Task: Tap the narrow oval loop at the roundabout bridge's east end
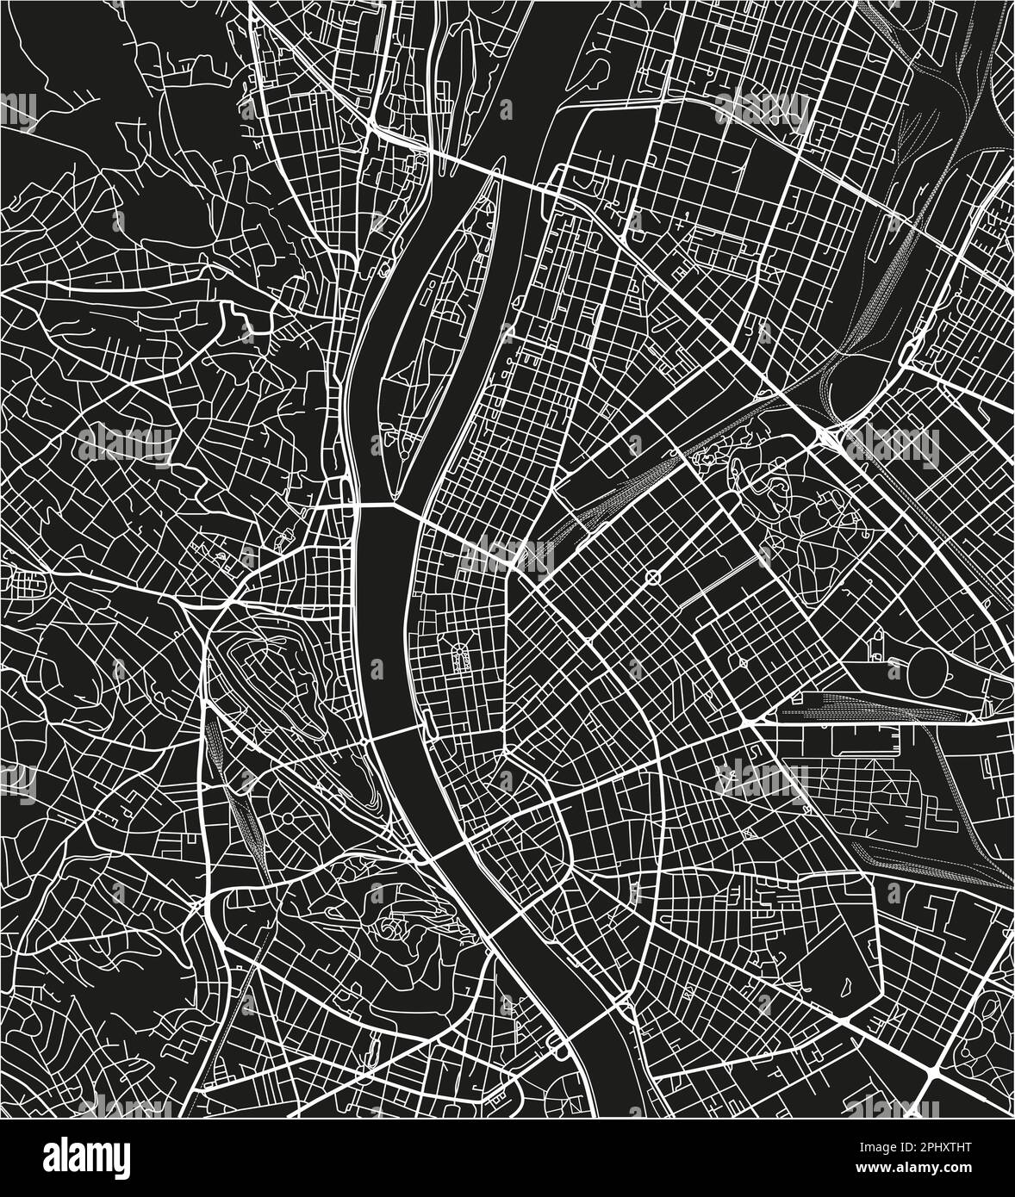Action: click(x=431, y=719)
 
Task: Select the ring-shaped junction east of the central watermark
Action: click(x=652, y=576)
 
